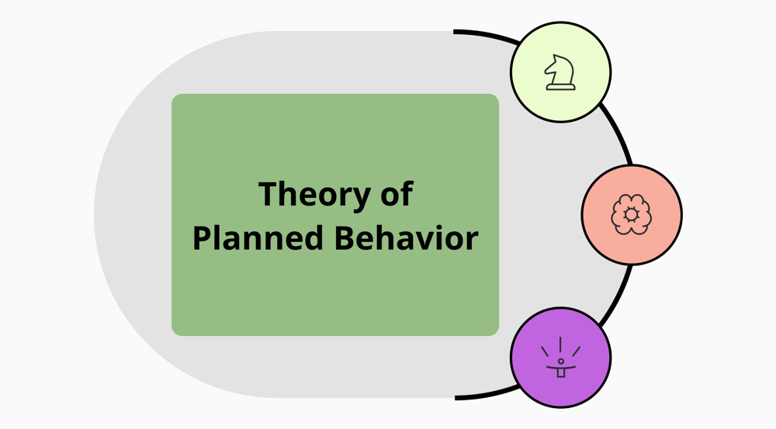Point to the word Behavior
[x=407, y=238]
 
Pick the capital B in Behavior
[x=345, y=238]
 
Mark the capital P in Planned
[x=201, y=238]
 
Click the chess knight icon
[x=560, y=72]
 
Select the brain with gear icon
[x=632, y=214]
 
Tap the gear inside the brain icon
[x=632, y=214]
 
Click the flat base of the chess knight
[x=560, y=88]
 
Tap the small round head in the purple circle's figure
[x=560, y=362]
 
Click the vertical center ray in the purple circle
[x=560, y=344]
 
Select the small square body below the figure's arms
[x=560, y=373]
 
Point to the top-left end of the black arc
[x=456, y=32]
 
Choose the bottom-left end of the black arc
[x=456, y=397]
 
